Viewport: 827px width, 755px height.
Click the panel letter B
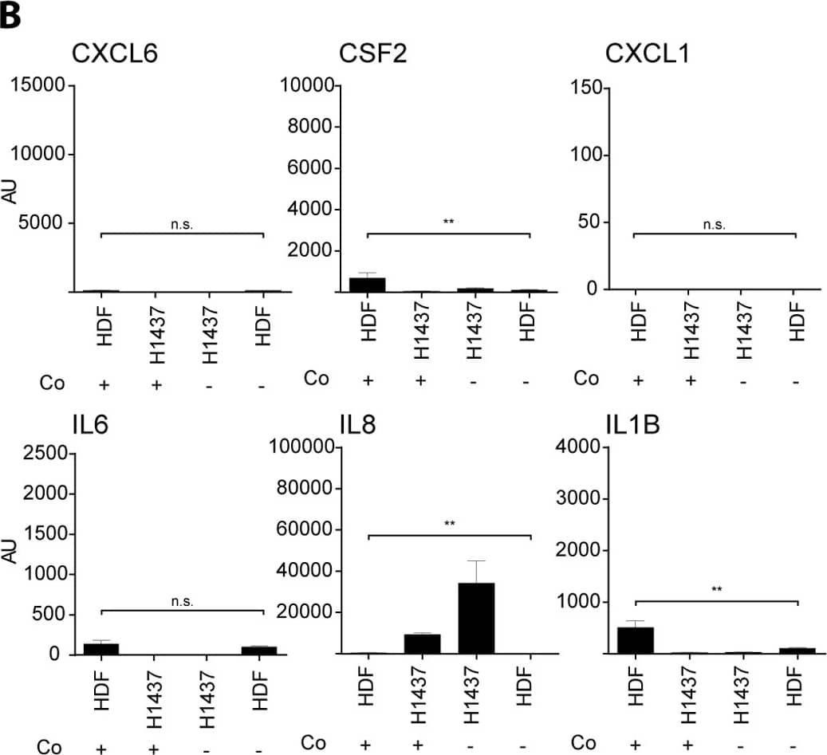11,16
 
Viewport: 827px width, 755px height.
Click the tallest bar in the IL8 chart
476,618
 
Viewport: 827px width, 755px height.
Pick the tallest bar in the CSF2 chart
368,285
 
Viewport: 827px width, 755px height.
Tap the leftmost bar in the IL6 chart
101,648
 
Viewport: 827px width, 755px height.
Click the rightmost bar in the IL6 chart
259,650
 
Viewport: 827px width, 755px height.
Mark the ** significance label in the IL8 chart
449,524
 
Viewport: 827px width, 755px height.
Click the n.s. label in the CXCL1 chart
715,225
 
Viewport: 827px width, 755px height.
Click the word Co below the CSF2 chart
316,378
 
